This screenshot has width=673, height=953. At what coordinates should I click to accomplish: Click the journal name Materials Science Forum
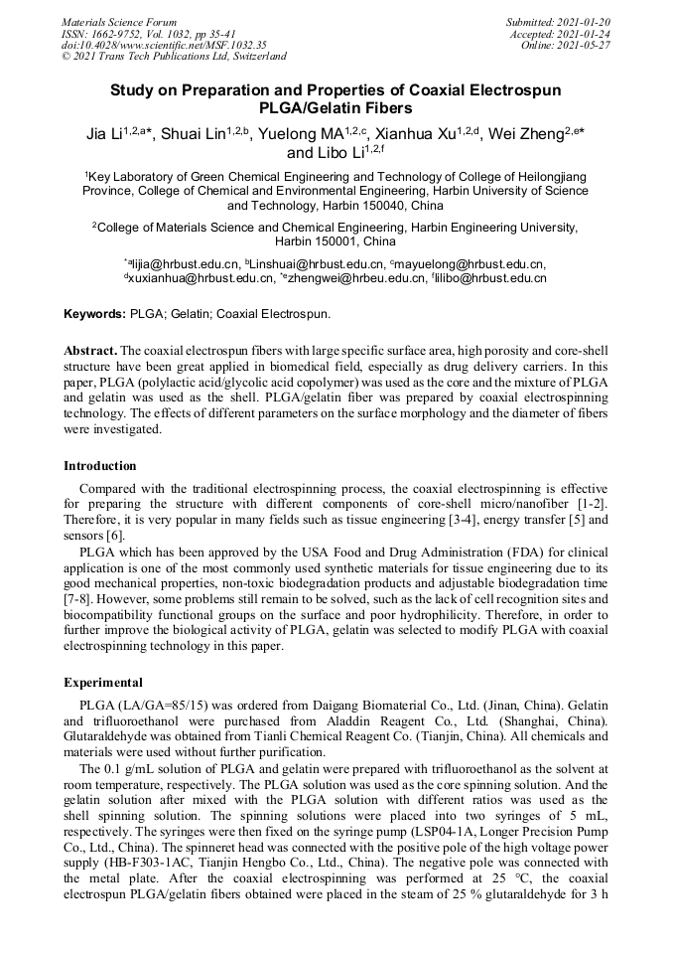[119, 22]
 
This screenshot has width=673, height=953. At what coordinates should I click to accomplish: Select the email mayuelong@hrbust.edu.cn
[471, 264]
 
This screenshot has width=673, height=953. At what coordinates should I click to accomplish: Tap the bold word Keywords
[95, 314]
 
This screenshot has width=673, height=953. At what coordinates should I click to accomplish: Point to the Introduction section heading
[100, 465]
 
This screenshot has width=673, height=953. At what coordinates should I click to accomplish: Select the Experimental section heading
[103, 683]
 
